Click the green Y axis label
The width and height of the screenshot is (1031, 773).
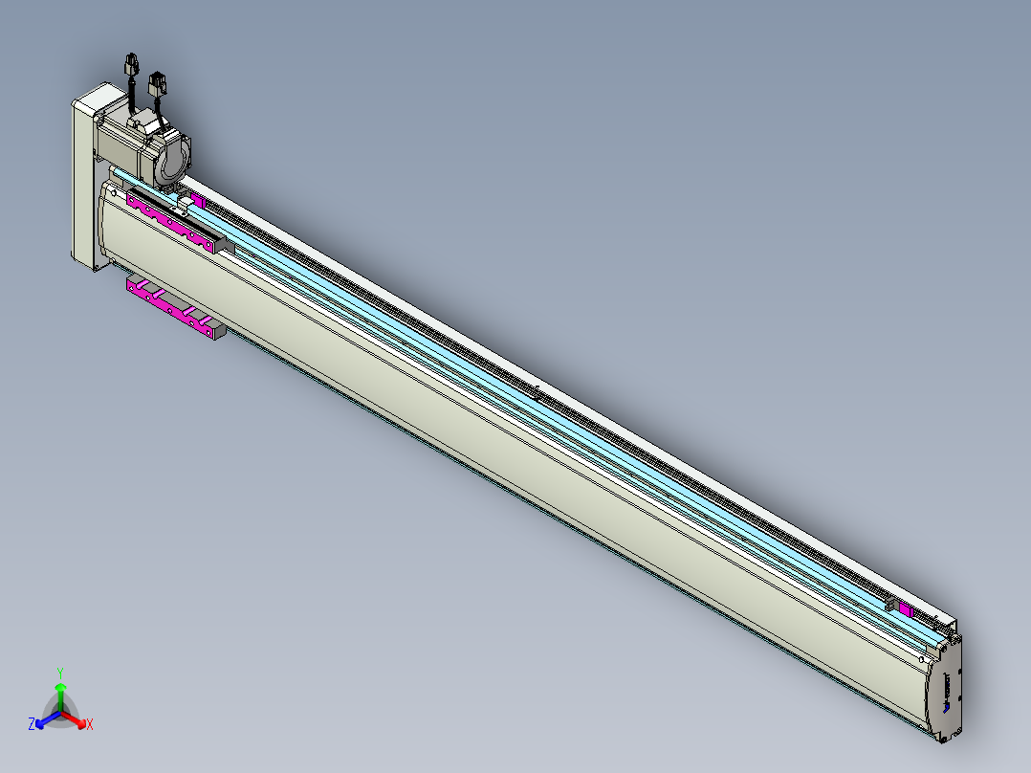(60, 673)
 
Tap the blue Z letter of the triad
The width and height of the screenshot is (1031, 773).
(31, 723)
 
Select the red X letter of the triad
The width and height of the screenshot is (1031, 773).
(90, 724)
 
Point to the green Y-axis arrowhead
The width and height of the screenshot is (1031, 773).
(60, 687)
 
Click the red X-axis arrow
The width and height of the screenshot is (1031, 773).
(74, 718)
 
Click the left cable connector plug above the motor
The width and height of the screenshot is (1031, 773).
(132, 64)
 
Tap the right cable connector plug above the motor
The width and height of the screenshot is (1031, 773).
(157, 84)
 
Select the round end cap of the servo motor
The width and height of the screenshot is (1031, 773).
(172, 157)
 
